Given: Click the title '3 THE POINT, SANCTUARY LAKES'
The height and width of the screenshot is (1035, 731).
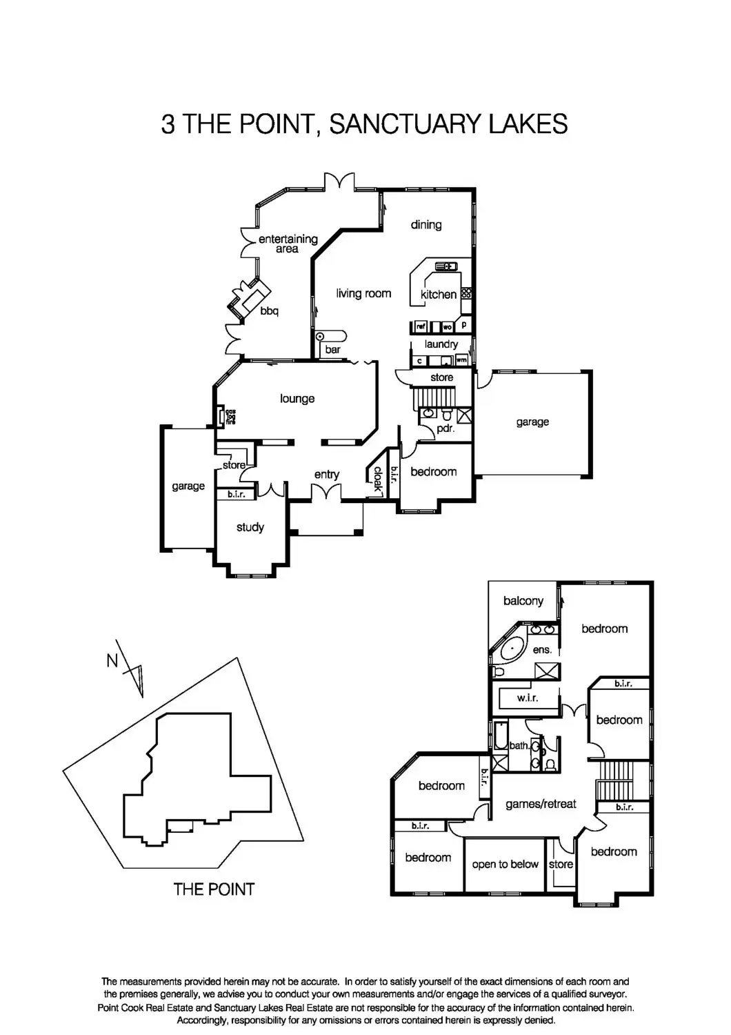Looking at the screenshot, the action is click(x=364, y=124).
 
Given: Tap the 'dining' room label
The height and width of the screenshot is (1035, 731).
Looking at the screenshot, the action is click(x=426, y=224).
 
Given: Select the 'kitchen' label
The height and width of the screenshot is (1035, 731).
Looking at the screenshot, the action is click(x=439, y=295).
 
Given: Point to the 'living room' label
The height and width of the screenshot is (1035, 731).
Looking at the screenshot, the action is click(x=363, y=293).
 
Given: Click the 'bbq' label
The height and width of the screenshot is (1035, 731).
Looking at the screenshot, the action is click(x=269, y=311).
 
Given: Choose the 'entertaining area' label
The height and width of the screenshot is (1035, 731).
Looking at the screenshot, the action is click(x=288, y=244).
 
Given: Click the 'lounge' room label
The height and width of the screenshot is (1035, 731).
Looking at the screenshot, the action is click(x=297, y=399).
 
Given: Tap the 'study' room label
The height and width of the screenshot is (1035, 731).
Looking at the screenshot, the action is click(x=250, y=527).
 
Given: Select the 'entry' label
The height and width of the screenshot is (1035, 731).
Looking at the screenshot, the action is click(x=326, y=474).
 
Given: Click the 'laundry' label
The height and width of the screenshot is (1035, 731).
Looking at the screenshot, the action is click(x=441, y=344).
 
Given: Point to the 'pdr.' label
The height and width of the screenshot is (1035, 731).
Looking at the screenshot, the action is click(x=445, y=428).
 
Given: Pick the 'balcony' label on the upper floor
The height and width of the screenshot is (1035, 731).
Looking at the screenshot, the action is click(x=523, y=601).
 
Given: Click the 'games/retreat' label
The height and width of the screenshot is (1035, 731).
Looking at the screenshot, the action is click(x=541, y=804).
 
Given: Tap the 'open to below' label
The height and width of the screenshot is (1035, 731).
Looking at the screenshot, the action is click(x=505, y=865).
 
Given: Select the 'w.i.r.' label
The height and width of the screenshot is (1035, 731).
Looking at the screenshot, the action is click(x=528, y=698).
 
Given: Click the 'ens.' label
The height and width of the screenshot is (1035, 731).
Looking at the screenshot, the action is click(x=542, y=649).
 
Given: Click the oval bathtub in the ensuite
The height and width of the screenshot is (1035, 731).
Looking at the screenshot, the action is click(x=512, y=650).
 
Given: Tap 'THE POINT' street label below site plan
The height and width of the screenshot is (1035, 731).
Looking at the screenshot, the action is click(x=214, y=889).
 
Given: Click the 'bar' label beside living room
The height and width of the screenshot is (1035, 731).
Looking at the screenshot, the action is click(x=332, y=350).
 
